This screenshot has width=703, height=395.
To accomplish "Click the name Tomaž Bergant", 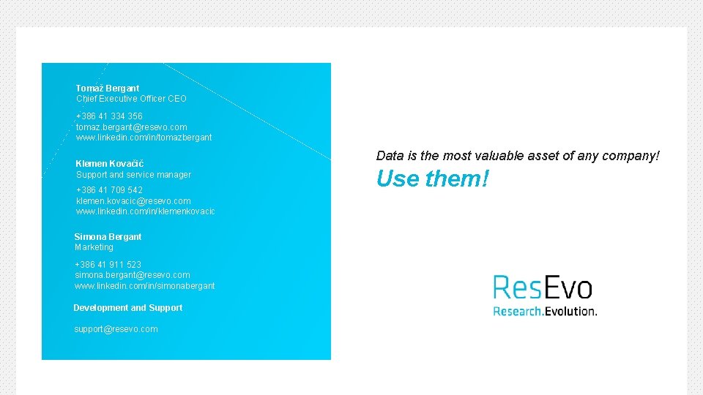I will (108, 88).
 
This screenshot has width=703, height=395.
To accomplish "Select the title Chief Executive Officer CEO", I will (131, 99).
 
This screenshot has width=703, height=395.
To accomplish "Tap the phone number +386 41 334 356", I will (109, 116).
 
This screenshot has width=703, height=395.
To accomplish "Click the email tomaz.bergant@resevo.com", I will (131, 127).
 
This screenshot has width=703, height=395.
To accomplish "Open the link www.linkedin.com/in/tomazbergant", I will (144, 138).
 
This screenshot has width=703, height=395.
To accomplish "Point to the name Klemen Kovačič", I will (110, 164).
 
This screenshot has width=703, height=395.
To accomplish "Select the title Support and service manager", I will (133, 175).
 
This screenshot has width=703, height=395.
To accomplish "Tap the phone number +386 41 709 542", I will (109, 190).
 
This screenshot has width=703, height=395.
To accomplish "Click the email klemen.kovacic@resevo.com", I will (133, 201).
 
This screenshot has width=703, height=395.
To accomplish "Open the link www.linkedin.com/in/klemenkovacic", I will (145, 211).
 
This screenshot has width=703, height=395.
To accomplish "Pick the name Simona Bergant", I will (108, 237).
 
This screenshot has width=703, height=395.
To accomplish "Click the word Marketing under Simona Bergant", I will (94, 247).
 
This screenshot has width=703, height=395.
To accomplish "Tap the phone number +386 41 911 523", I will (108, 265).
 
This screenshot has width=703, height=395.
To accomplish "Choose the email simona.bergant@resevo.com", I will (132, 275).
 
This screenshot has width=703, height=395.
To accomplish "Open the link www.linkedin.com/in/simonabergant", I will (144, 286).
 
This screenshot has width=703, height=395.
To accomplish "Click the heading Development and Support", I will (127, 308).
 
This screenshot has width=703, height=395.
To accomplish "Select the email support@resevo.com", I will (116, 329).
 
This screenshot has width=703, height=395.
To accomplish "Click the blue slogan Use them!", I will (432, 178).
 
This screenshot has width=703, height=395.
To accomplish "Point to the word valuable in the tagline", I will (502, 156).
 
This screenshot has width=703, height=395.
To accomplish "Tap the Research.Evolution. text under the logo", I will (545, 311).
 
